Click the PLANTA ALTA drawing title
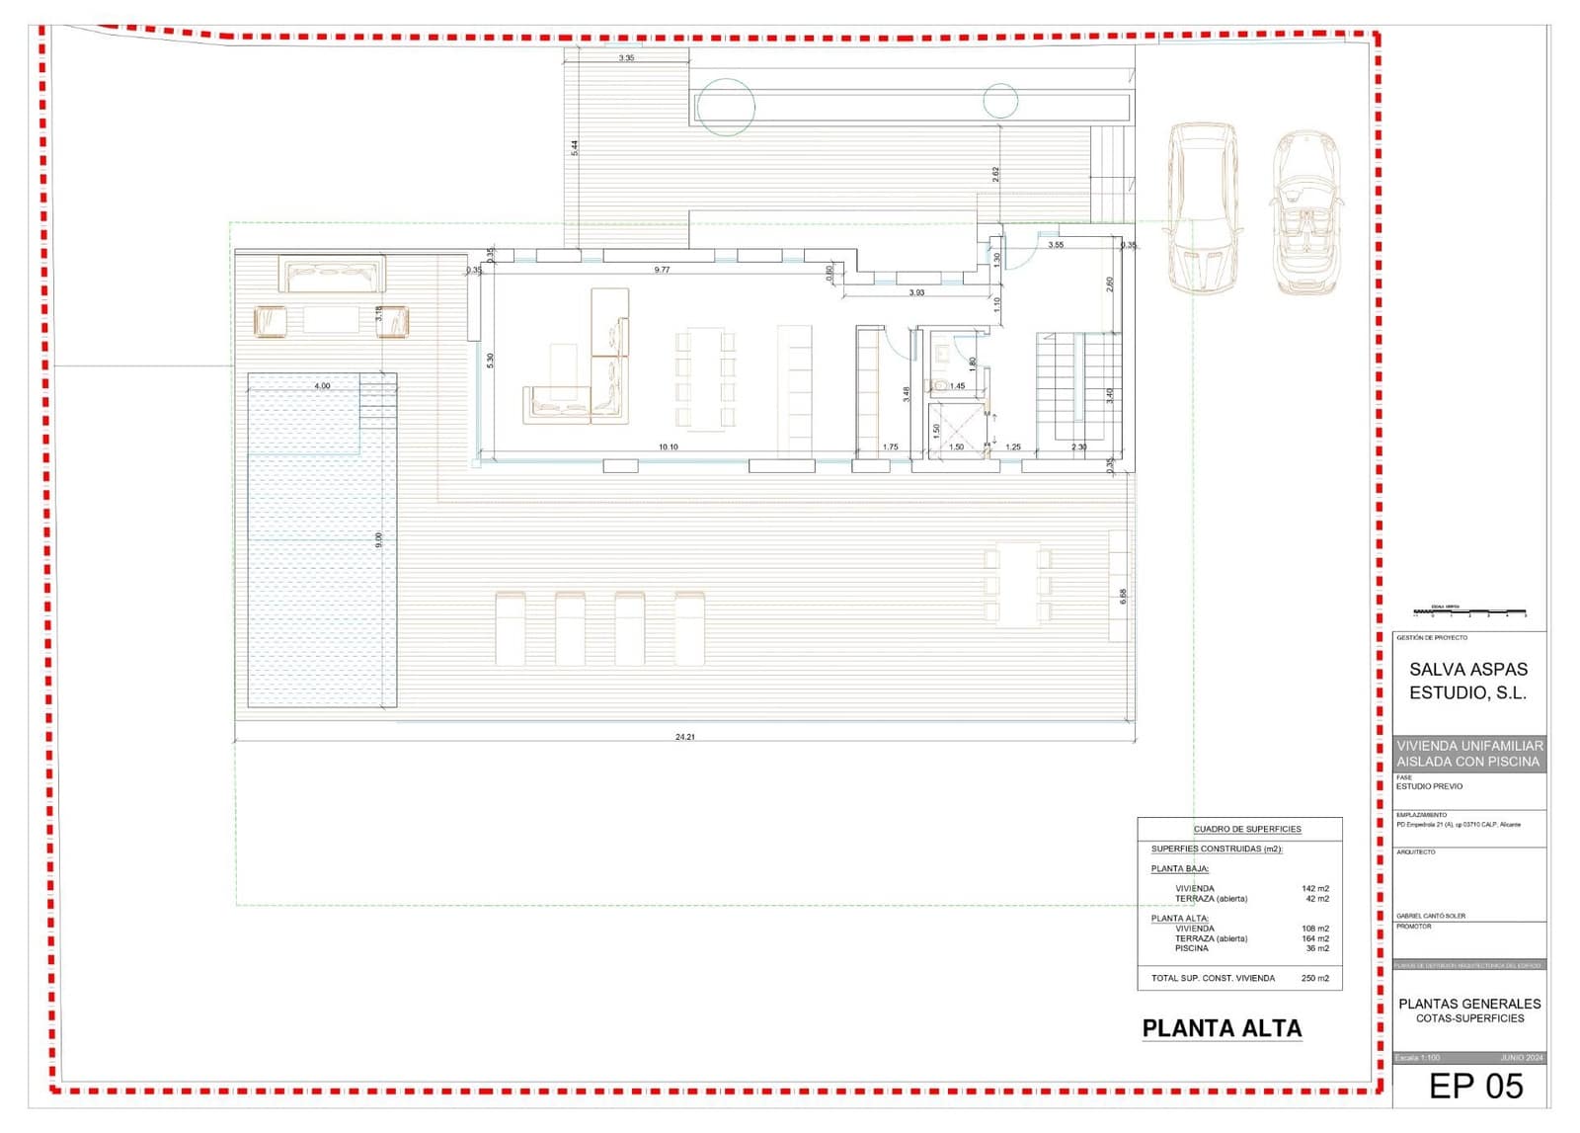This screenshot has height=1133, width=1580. [1222, 1028]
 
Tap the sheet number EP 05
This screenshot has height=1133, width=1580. [1476, 1086]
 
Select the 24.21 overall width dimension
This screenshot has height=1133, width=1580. [684, 737]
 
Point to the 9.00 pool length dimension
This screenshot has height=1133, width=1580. [378, 540]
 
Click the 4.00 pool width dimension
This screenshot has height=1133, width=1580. [322, 386]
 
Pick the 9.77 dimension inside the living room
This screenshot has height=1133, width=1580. [662, 270]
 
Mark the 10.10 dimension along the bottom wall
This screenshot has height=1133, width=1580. [669, 447]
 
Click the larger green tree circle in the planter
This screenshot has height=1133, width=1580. [726, 107]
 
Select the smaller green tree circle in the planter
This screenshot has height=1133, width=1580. [1000, 101]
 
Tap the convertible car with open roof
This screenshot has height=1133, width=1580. [1306, 213]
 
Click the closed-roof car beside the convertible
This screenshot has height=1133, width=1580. [1204, 207]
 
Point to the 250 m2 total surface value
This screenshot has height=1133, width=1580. [1314, 978]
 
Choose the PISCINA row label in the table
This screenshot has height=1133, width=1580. [1191, 948]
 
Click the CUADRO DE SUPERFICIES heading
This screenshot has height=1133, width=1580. [1246, 829]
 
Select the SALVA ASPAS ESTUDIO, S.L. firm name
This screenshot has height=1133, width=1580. [1467, 681]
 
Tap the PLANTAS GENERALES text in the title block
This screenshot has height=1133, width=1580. [1469, 1004]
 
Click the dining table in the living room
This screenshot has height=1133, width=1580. [706, 379]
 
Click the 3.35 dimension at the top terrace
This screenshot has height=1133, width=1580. [626, 58]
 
